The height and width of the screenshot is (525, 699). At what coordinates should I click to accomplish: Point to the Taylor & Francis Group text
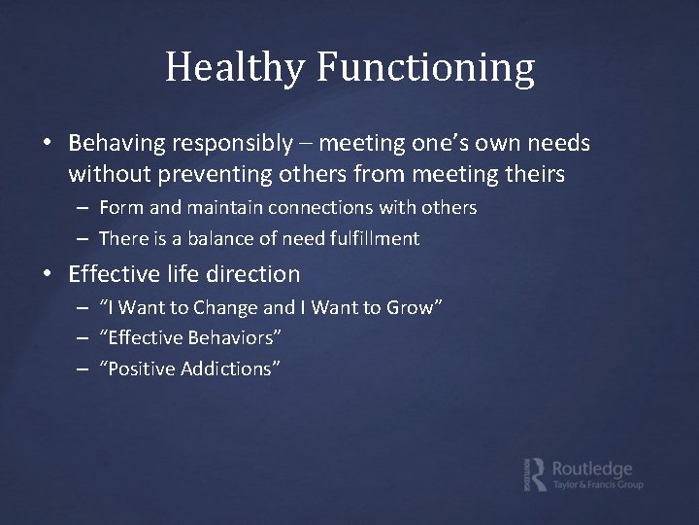(596, 485)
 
